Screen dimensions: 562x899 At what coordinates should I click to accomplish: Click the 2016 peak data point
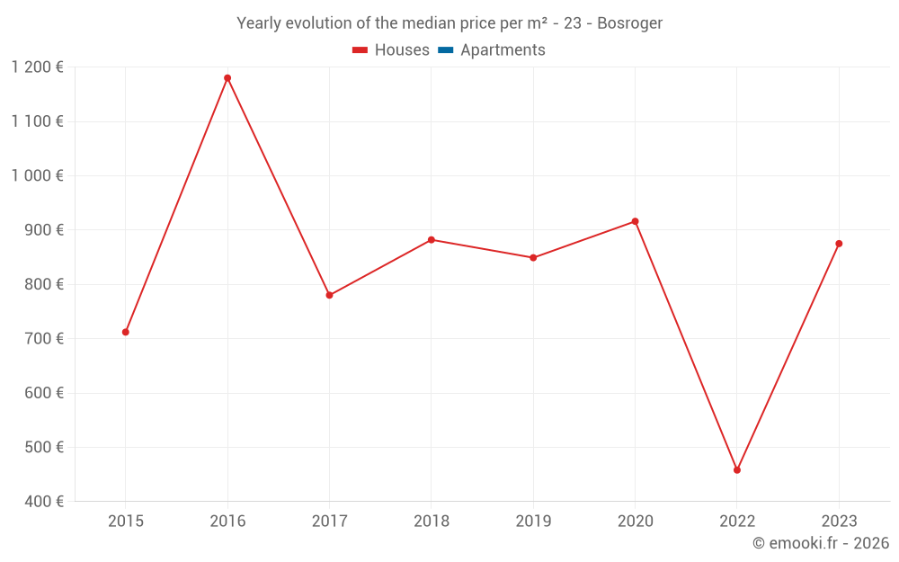point(227,78)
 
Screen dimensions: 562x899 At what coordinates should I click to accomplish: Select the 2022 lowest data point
point(737,470)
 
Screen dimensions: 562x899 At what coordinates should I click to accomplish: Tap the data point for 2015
point(126,332)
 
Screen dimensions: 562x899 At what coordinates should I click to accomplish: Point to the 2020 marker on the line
point(635,221)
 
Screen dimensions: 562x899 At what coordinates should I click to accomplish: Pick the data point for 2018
point(432,240)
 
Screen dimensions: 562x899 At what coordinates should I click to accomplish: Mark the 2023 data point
point(839,244)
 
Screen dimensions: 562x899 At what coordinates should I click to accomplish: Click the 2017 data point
point(329,295)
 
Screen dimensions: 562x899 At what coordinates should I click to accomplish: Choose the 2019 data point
point(533,258)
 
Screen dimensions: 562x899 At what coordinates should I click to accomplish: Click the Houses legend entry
point(402,50)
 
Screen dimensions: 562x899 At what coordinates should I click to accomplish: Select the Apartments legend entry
point(503,50)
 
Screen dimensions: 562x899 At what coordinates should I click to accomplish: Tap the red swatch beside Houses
point(360,50)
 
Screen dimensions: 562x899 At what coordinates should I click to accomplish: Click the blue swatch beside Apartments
point(445,50)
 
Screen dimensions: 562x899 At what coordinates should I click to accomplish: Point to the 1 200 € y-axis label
point(38,67)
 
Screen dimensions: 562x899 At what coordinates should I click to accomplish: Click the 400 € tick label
point(45,501)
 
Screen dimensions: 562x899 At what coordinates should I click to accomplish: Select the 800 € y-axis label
point(45,284)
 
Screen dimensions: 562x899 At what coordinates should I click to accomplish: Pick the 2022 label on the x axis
point(737,521)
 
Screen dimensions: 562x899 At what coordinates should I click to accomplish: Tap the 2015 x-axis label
point(126,521)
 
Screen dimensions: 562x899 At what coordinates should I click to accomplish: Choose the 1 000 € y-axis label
point(38,175)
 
